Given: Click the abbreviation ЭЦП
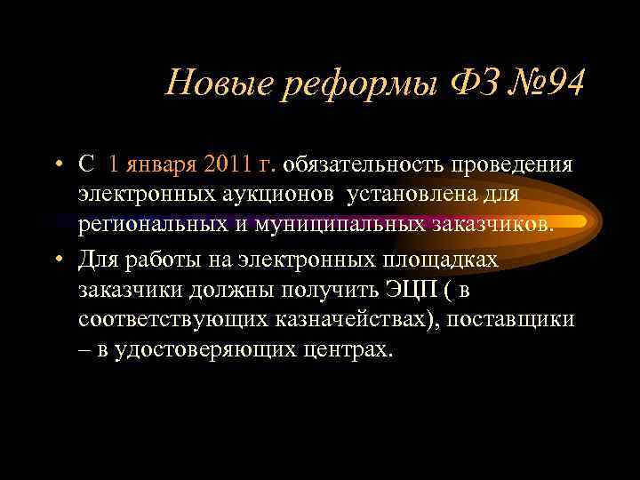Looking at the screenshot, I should coord(404,290).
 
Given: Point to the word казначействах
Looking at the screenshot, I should coord(350,320).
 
